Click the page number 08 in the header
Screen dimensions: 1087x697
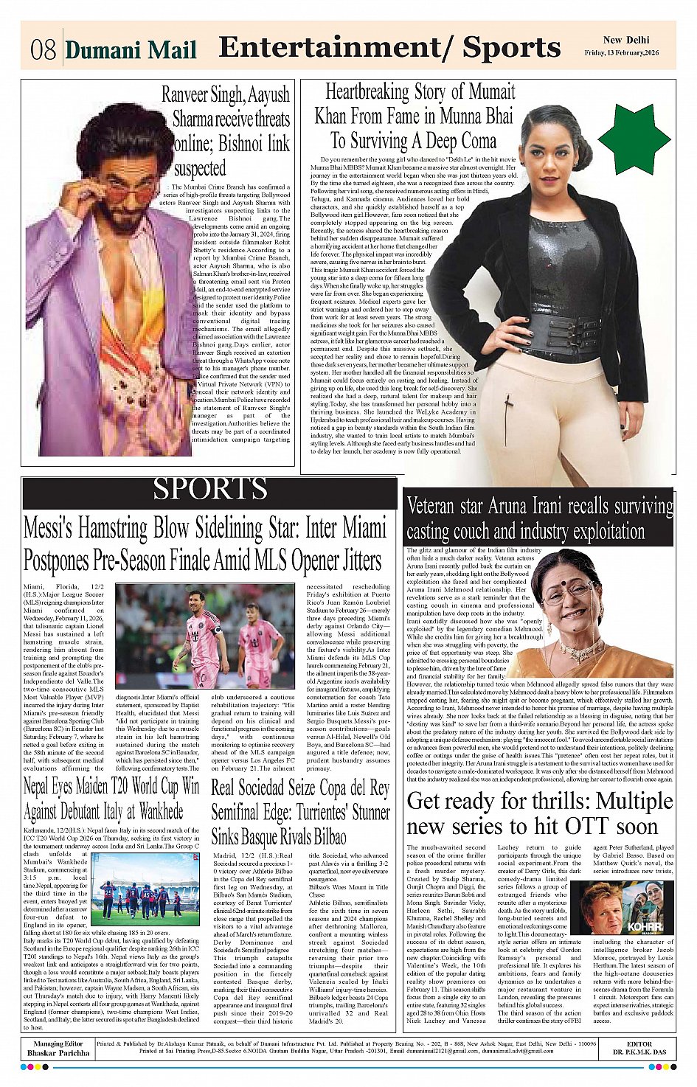pyautogui.click(x=44, y=49)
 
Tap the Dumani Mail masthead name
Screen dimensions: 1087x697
pyautogui.click(x=131, y=49)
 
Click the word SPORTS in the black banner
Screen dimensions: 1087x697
pyautogui.click(x=210, y=489)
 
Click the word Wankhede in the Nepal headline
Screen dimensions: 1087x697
pyautogui.click(x=153, y=812)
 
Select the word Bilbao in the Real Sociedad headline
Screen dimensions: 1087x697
pyautogui.click(x=322, y=837)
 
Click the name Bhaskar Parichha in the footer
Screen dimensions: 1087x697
pyautogui.click(x=58, y=1053)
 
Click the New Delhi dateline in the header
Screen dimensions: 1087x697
pyautogui.click(x=625, y=40)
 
